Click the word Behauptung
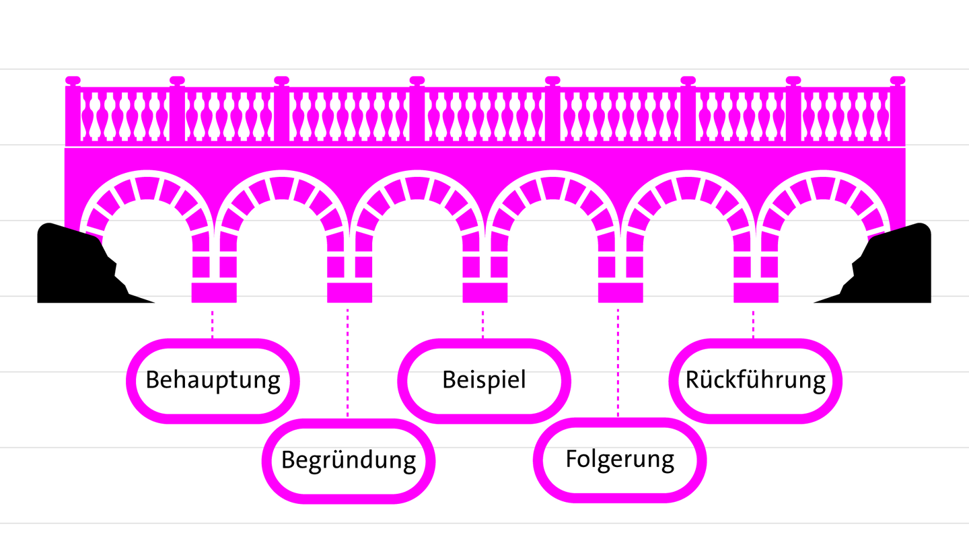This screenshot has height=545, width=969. click(x=213, y=380)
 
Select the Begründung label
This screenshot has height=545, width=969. click(x=349, y=460)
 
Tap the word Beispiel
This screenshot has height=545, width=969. click(x=484, y=379)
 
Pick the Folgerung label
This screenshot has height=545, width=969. click(x=620, y=459)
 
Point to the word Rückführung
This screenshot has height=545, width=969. click(x=755, y=380)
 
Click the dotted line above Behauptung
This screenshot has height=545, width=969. click(x=213, y=324)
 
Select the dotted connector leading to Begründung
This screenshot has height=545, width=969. click(x=348, y=363)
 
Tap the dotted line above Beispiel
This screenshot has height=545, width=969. click(x=483, y=324)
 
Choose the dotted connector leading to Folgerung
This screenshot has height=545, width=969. click(x=618, y=363)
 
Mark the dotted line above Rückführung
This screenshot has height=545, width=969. click(x=754, y=324)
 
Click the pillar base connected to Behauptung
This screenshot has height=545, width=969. click(x=214, y=293)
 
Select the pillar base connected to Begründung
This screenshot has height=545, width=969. click(x=349, y=293)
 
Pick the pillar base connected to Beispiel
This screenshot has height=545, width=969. click(x=485, y=293)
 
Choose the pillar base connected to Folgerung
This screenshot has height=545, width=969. click(x=620, y=293)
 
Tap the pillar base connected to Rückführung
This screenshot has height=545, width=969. click(x=756, y=293)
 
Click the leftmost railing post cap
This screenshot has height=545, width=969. click(x=73, y=81)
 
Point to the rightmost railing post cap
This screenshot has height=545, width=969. click(x=897, y=81)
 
